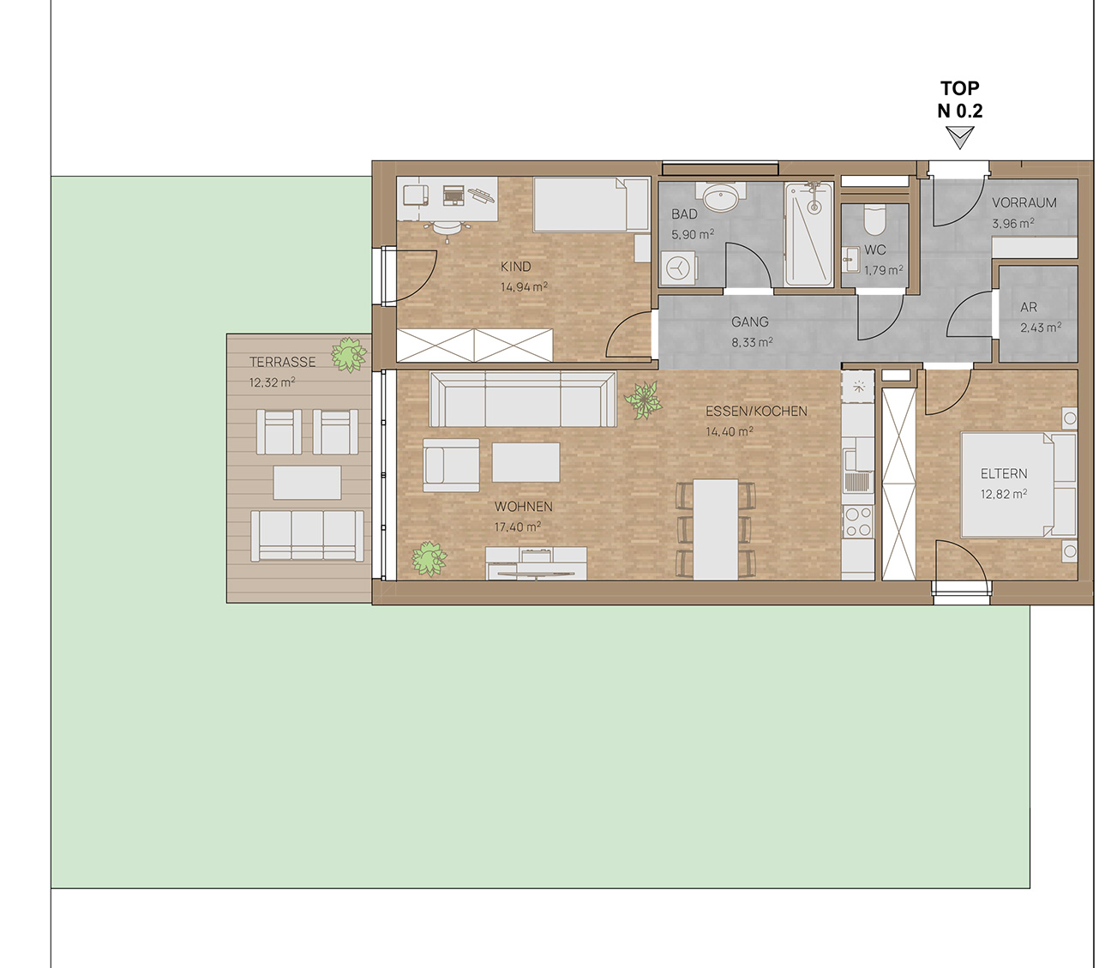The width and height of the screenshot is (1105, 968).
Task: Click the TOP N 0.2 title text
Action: point(960,99)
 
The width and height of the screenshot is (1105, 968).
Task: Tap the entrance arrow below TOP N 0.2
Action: point(960,137)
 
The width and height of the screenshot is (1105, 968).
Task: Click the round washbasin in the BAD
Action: point(721,198)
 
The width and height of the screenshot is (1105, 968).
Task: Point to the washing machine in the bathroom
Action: point(678,268)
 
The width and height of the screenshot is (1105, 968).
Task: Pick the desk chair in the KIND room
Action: point(447,229)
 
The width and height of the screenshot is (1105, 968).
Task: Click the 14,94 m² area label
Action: point(524,287)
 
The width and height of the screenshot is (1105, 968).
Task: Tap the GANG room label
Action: point(749,322)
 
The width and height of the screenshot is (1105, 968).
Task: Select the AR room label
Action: point(1029,307)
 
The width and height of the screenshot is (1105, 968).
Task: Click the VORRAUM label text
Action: point(1024,203)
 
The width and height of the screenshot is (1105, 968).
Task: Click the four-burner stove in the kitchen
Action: point(857,522)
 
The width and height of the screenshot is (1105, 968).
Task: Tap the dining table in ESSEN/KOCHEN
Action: point(716,529)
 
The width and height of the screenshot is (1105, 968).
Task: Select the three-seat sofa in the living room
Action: point(522,400)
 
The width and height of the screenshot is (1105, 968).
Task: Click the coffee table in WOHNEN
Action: point(525,462)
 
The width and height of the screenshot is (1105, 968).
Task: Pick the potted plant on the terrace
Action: point(349,354)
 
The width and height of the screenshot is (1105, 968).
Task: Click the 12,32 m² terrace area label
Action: point(273,382)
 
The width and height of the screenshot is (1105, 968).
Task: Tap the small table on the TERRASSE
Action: point(307,483)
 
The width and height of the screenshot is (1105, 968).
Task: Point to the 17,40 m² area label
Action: point(518,526)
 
